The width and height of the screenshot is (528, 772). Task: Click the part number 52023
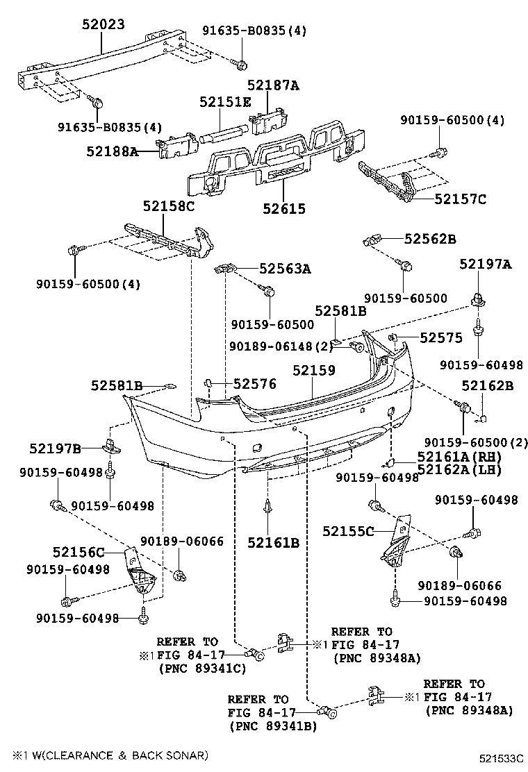pos(101,24)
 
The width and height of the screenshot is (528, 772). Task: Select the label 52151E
pos(225,102)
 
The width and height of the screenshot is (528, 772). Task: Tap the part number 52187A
pos(273,85)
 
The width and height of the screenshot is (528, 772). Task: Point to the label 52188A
pos(113,151)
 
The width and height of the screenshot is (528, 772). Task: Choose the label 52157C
pos(460,199)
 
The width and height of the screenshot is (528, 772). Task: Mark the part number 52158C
pos(169,205)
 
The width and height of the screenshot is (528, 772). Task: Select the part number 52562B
pos(430,239)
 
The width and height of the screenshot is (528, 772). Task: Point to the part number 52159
pos(313,371)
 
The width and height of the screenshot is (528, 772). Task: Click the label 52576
pos(254,383)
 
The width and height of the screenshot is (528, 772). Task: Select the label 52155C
pos(348,532)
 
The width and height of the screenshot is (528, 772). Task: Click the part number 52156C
pos(79,553)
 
